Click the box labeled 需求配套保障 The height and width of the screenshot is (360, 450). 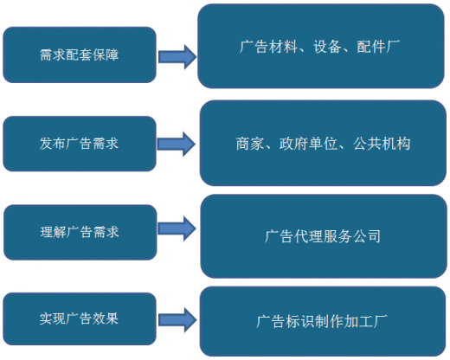(x=80, y=55)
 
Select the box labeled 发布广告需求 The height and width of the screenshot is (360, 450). (x=80, y=144)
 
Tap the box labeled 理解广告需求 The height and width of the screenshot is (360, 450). (x=80, y=232)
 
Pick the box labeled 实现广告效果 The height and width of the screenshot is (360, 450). (x=80, y=318)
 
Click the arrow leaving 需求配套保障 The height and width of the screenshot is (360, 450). (x=177, y=57)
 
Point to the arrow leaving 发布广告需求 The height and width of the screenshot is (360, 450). (x=177, y=144)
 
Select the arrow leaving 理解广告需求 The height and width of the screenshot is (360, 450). (x=177, y=228)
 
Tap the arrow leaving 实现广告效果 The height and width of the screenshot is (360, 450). (x=177, y=320)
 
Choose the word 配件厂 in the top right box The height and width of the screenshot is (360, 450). (x=378, y=47)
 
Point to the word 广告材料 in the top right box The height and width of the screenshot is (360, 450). (x=268, y=47)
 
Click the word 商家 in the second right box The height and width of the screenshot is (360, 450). (x=250, y=144)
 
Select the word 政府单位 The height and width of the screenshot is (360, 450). (x=308, y=144)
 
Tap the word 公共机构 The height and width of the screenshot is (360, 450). (x=382, y=144)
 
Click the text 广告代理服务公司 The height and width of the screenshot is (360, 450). (x=323, y=236)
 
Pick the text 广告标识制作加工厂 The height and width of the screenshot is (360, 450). (x=322, y=322)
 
